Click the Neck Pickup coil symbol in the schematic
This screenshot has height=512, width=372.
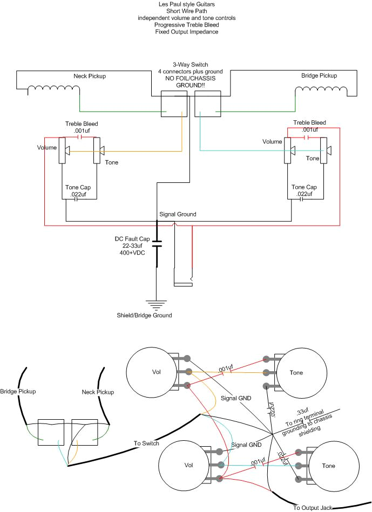[53, 89]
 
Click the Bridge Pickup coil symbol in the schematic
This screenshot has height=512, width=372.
[321, 90]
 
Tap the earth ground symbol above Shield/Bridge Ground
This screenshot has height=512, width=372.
[156, 305]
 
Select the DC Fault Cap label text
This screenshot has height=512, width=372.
[132, 245]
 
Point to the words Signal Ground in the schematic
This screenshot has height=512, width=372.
[178, 214]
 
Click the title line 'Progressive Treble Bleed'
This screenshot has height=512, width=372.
[187, 25]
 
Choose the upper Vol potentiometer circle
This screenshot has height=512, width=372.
[151, 372]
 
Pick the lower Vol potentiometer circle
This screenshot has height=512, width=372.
[184, 465]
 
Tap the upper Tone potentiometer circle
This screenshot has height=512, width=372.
[302, 373]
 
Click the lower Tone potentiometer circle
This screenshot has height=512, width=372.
[334, 466]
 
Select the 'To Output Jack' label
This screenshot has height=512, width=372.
[313, 508]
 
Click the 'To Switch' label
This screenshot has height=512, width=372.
[146, 443]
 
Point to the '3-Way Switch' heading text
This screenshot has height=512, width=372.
[191, 65]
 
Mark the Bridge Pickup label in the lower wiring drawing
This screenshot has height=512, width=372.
[18, 391]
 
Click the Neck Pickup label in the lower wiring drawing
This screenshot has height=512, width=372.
[98, 392]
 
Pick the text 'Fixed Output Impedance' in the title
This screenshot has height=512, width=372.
[187, 32]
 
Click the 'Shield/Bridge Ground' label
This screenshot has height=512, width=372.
[144, 315]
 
